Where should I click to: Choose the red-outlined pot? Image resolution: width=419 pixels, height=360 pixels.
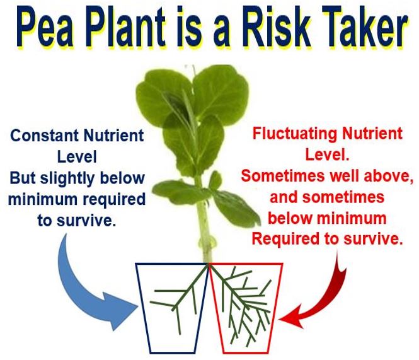point(246,308)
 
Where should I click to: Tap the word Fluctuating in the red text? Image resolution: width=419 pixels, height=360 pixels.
point(294,133)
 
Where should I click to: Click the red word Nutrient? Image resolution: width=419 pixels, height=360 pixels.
point(372,133)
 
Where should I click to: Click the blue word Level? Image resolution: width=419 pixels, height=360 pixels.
point(77,157)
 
